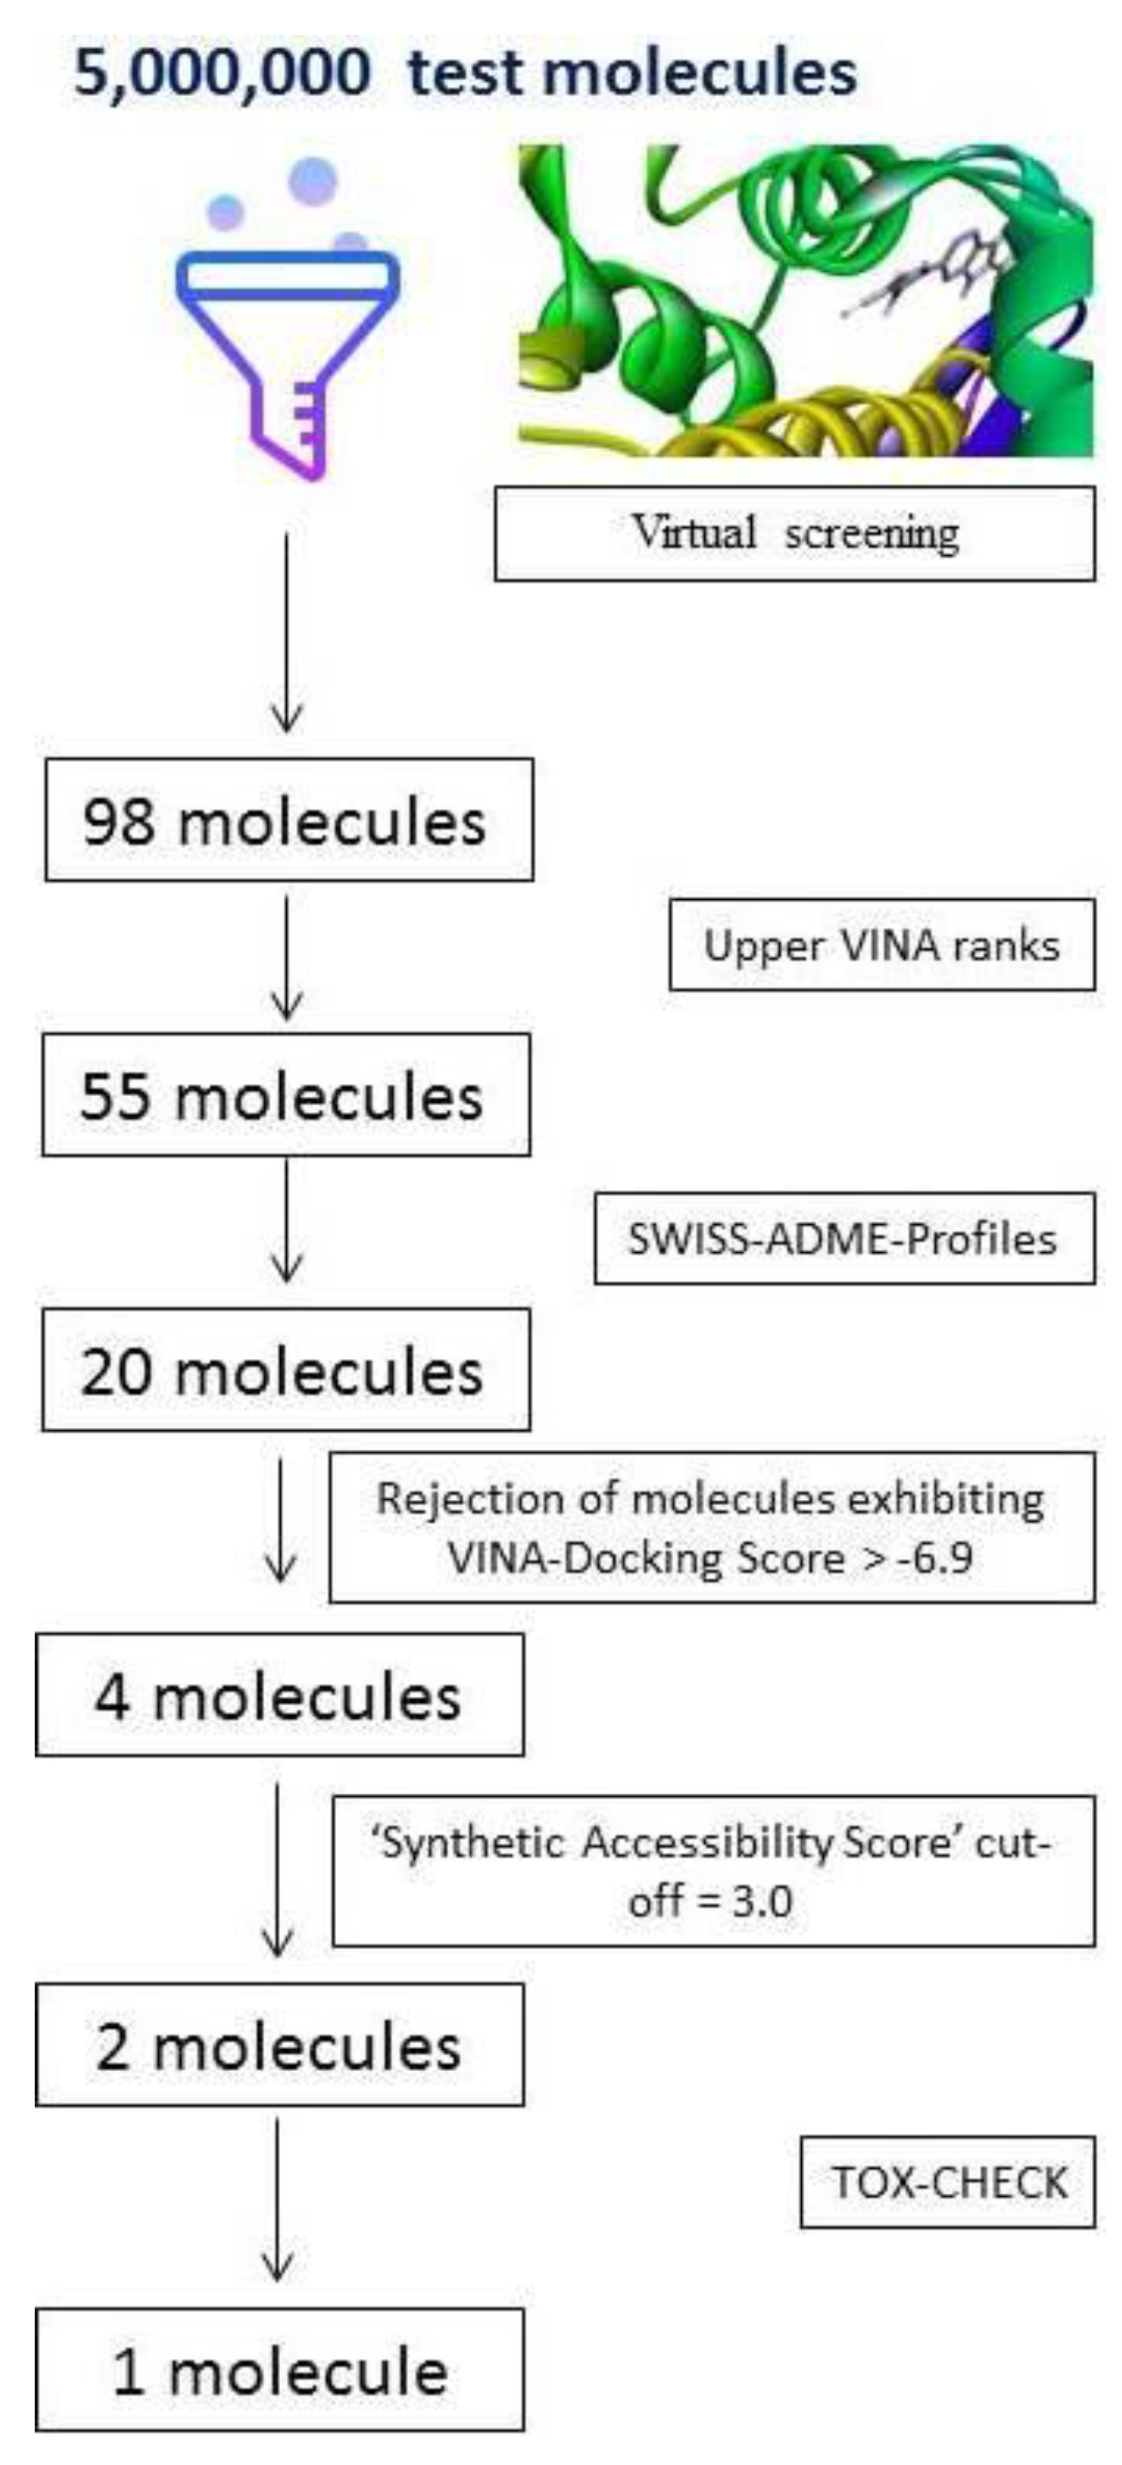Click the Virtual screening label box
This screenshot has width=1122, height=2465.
coord(794,533)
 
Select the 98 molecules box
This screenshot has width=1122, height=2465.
coord(289,820)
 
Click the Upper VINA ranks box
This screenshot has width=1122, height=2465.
coord(881,944)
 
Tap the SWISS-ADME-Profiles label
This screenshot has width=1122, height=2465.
coord(844,1238)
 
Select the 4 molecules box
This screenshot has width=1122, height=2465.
coord(279,1695)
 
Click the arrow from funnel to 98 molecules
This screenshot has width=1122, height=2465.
coord(287,631)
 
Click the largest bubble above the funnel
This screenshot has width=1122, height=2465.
coord(313,181)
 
